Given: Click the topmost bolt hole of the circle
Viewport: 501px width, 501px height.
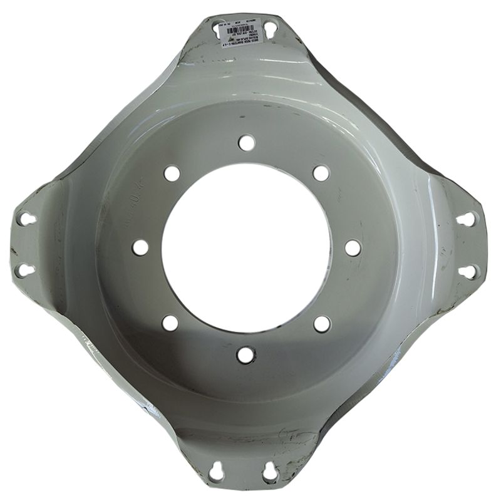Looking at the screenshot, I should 247,143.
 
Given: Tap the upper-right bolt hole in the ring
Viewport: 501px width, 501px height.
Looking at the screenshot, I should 321,173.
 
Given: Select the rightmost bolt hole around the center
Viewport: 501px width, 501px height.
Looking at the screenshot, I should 353,248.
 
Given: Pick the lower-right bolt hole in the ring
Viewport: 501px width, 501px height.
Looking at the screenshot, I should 322,323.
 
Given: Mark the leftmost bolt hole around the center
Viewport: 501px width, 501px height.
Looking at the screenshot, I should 140,247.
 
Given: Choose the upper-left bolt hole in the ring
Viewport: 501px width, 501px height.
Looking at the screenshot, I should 172,173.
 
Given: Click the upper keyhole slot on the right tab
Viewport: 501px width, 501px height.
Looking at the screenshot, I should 466,219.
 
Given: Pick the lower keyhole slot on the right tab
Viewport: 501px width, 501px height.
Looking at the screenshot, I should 467,272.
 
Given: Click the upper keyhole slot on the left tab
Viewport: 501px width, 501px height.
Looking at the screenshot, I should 25,219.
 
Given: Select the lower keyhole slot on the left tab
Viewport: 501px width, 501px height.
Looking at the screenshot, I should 24,270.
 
